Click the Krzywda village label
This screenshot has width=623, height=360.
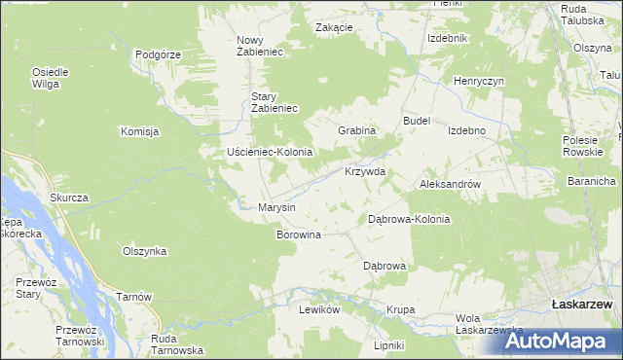tap(365, 171)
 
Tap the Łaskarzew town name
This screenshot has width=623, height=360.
tap(580, 305)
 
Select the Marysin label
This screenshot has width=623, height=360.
tap(275, 207)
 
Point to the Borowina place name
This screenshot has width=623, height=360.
tap(299, 234)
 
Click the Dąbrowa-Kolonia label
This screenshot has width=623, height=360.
tap(409, 219)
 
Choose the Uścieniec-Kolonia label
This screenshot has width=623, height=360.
tap(269, 152)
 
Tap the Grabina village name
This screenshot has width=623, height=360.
tap(356, 129)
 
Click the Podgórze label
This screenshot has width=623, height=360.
tap(159, 54)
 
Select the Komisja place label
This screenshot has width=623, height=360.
tap(139, 131)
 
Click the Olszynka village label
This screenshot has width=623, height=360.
tap(144, 251)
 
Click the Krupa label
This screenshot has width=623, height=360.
tap(400, 309)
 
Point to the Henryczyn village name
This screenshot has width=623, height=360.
tap(478, 81)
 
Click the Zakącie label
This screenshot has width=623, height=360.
tap(334, 27)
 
